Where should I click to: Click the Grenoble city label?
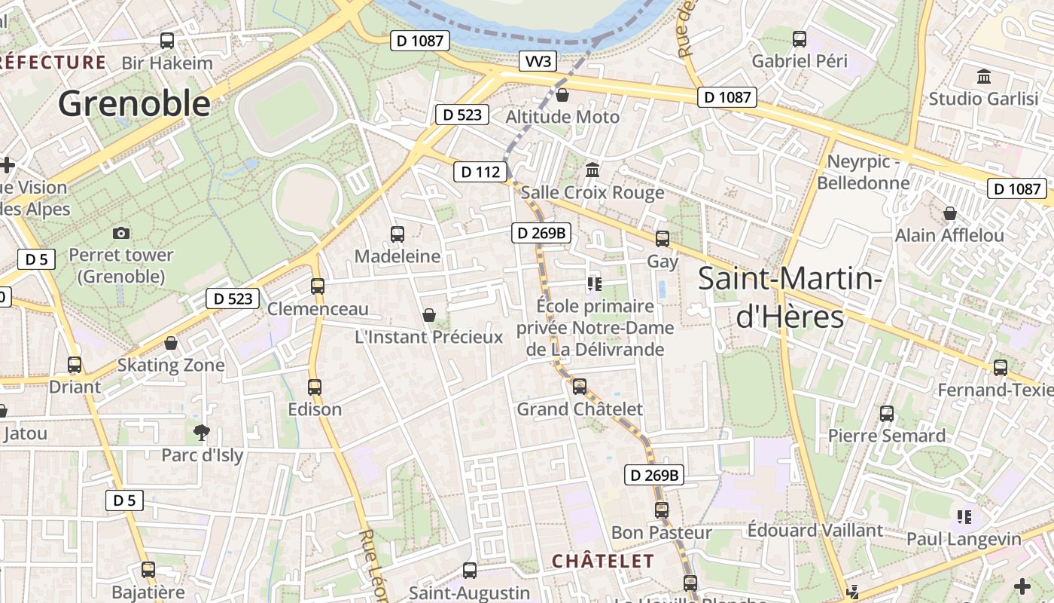(x=134, y=103)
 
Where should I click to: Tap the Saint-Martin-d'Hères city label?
(x=789, y=297)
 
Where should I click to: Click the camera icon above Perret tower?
(x=120, y=234)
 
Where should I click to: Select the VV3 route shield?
(x=538, y=62)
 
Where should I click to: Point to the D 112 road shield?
(x=480, y=172)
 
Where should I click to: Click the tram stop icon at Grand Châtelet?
(x=579, y=387)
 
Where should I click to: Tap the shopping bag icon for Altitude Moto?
(x=562, y=95)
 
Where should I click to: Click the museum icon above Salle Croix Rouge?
(x=592, y=170)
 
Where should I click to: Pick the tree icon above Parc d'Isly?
(x=201, y=433)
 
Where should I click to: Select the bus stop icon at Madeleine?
(x=397, y=234)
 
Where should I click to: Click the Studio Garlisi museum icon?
(x=982, y=76)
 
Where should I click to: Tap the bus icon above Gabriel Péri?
(x=799, y=39)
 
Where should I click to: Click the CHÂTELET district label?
(x=602, y=561)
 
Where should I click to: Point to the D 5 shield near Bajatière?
(x=124, y=500)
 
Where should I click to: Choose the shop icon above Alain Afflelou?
(x=949, y=213)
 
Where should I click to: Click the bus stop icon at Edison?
(x=315, y=387)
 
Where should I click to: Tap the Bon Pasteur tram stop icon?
(x=661, y=510)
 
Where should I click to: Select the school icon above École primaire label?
(x=595, y=283)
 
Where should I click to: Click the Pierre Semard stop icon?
(x=887, y=413)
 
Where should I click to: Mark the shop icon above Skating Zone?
(x=171, y=343)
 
